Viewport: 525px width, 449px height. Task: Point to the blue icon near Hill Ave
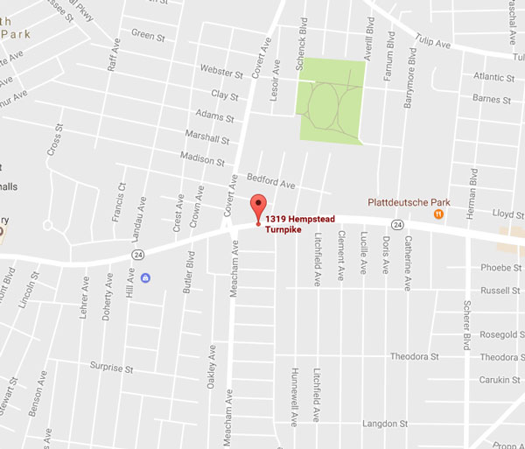tap(144, 278)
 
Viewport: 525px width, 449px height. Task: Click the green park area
tap(332, 100)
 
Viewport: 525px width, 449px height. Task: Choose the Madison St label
tap(202, 159)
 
